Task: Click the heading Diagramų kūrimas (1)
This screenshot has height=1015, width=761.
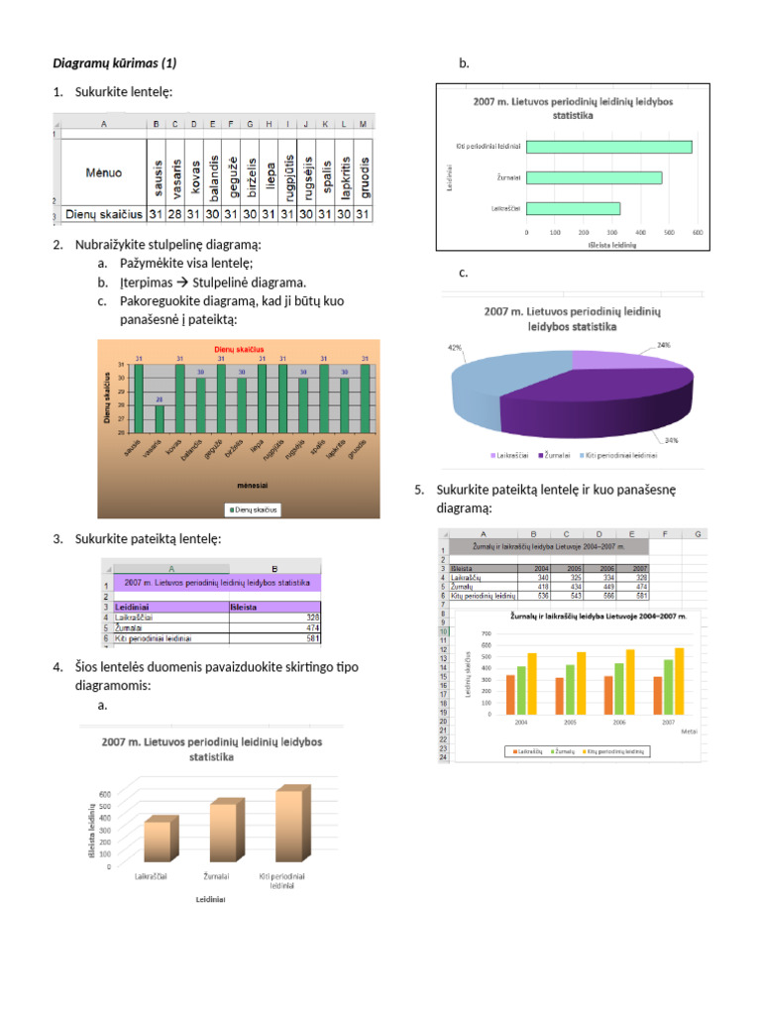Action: coord(113,63)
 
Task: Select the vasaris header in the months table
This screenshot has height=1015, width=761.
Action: coord(175,174)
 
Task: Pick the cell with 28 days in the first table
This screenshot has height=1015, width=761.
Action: coord(175,213)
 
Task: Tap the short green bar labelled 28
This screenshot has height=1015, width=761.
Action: coord(160,418)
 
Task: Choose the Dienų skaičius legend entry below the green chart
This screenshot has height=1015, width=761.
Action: coord(253,509)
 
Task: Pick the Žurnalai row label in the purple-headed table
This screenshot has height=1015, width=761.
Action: coord(138,627)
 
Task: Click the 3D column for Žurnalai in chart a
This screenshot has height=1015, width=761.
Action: coord(224,832)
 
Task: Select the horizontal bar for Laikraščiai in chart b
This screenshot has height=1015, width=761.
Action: coord(573,208)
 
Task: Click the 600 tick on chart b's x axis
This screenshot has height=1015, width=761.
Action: coord(698,233)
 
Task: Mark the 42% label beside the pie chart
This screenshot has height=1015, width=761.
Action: coord(455,348)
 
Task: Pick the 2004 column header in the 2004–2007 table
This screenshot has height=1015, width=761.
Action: coord(542,568)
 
